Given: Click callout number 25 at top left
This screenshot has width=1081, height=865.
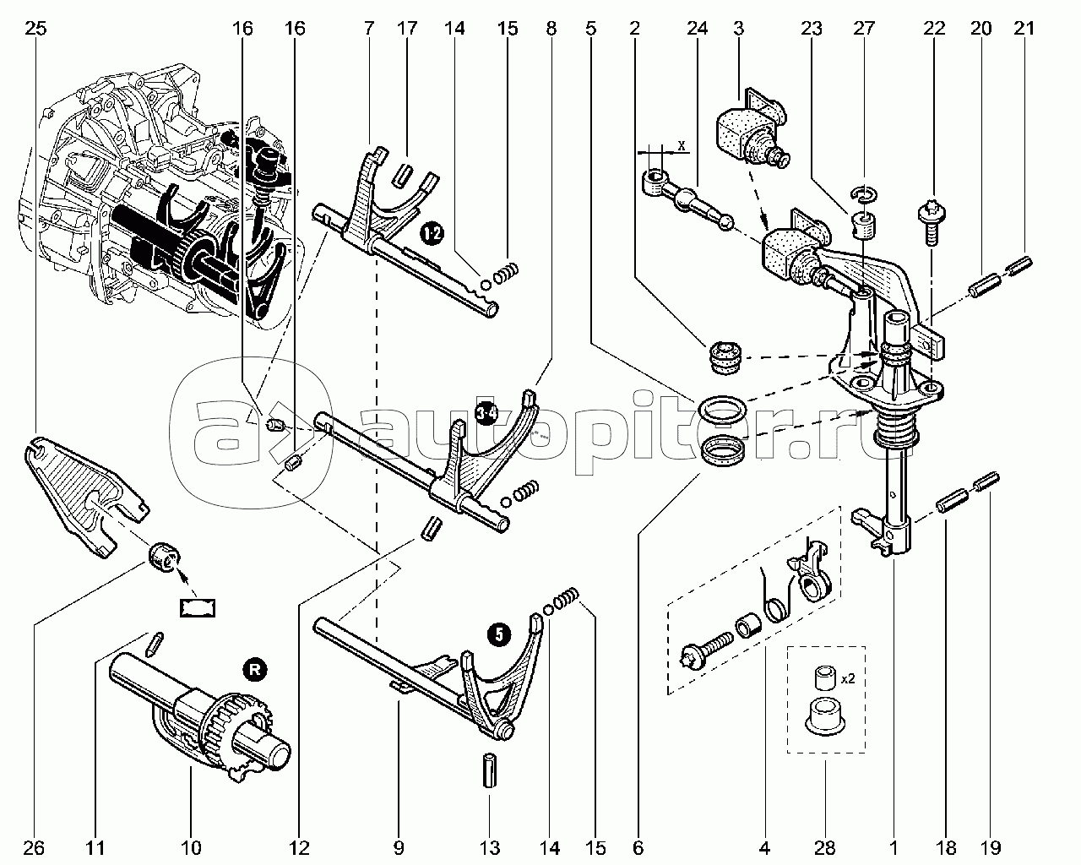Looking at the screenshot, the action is pyautogui.click(x=35, y=28).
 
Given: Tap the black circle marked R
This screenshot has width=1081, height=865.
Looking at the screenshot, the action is pyautogui.click(x=255, y=670).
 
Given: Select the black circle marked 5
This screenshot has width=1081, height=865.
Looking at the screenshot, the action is pyautogui.click(x=498, y=634).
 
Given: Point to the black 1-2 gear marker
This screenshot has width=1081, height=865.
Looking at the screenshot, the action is pyautogui.click(x=432, y=233).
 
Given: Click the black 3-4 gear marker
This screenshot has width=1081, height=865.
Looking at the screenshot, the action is pyautogui.click(x=486, y=414).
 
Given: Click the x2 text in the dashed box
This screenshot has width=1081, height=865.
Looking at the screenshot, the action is pyautogui.click(x=848, y=679).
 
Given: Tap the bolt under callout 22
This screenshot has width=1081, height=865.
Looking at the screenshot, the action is pyautogui.click(x=932, y=221).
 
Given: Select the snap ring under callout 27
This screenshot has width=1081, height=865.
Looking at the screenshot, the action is pyautogui.click(x=864, y=194).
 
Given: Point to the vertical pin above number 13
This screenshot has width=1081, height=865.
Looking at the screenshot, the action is pyautogui.click(x=489, y=784).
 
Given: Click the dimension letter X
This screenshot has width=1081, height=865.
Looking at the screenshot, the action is pyautogui.click(x=682, y=146).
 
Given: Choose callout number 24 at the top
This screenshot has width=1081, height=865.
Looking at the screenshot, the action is pyautogui.click(x=698, y=28).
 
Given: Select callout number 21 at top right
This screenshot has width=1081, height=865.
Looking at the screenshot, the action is pyautogui.click(x=1024, y=28).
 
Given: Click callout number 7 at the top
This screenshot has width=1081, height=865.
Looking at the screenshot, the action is pyautogui.click(x=369, y=28).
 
